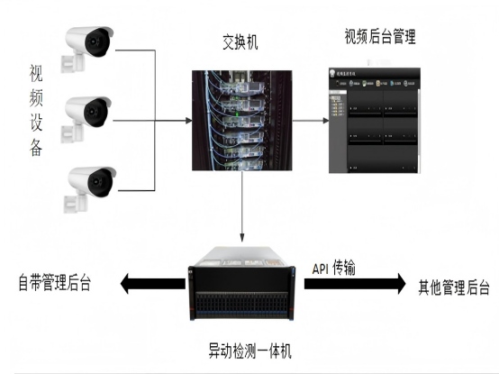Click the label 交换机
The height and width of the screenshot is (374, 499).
tap(240, 41)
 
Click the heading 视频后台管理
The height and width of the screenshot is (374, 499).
tap(379, 37)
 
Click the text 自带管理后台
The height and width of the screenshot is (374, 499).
tap(56, 285)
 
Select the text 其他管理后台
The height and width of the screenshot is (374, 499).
tap(453, 287)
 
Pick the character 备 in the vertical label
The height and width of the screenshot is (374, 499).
tap(36, 149)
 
